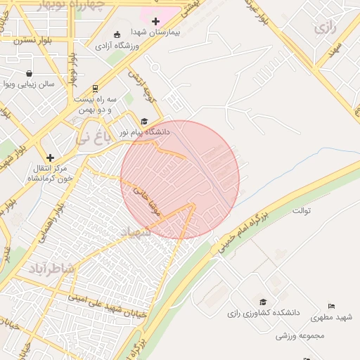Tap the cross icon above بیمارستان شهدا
pyautogui.click(x=155, y=22)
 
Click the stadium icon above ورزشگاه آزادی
pyautogui.click(x=117, y=34)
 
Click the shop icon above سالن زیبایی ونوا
pyautogui.click(x=29, y=73)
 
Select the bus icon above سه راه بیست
pyautogui.click(x=94, y=89)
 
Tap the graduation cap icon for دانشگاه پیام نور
pyautogui.click(x=144, y=121)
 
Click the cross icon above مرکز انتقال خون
pyautogui.click(x=49, y=157)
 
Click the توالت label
pyautogui.click(x=301, y=210)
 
